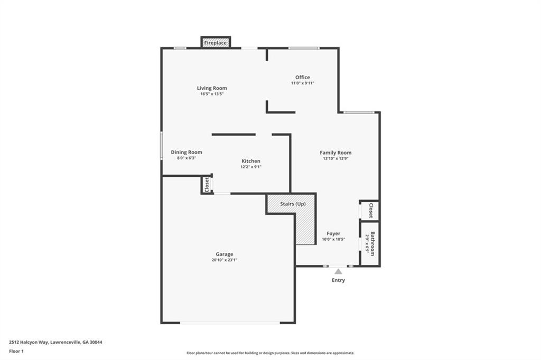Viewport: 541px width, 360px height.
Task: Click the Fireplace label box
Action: coord(216,43)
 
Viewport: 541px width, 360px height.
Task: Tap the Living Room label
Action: coord(212,88)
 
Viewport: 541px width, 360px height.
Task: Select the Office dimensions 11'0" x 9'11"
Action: coord(303,83)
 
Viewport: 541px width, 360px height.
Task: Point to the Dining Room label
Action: coord(186,152)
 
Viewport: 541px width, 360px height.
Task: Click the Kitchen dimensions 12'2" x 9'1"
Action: coord(251,167)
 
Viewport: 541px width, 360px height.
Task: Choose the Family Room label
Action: coord(335,153)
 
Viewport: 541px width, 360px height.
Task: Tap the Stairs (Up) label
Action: coord(293,204)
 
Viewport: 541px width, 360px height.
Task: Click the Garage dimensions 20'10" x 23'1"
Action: coord(224,260)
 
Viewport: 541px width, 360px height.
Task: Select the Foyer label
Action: coord(333,233)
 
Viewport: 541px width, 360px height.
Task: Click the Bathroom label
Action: coord(372,243)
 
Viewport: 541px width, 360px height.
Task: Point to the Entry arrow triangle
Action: coord(338,271)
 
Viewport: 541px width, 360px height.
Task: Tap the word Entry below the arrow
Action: coord(338,280)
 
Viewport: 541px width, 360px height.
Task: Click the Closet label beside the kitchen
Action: coord(207,185)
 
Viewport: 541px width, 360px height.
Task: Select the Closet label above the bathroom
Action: coord(371,211)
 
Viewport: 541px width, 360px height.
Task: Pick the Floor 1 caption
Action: coord(16,352)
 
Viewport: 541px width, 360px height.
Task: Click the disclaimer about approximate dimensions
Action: coord(270,353)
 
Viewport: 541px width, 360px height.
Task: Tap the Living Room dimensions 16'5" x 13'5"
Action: coord(212,94)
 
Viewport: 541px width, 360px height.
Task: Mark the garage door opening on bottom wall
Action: coord(230,323)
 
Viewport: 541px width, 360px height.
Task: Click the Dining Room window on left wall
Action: coord(161,146)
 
